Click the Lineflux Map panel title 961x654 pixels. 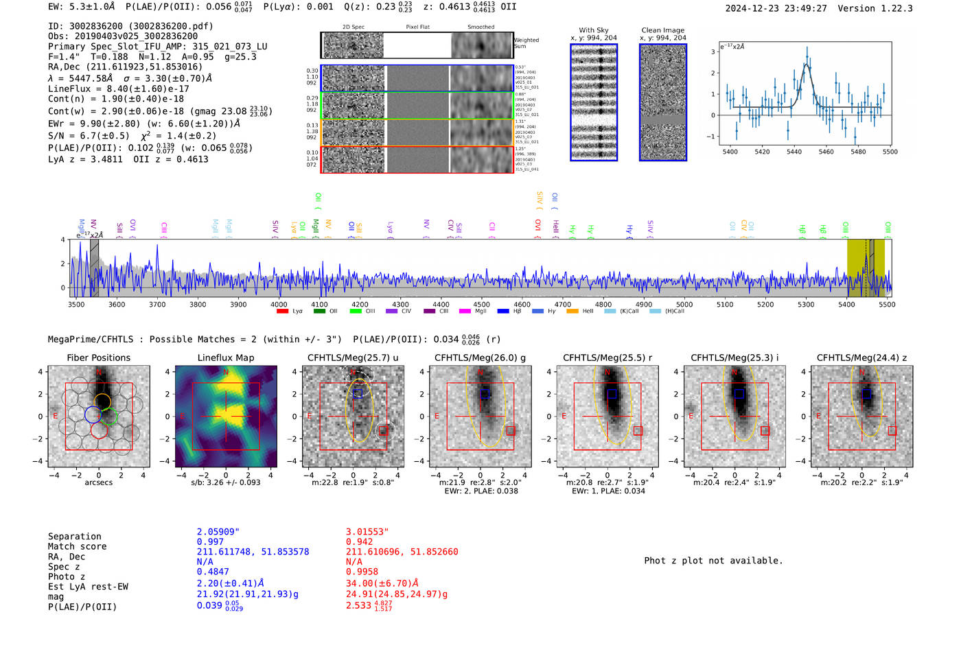(225, 358)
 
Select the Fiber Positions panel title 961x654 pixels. (98, 358)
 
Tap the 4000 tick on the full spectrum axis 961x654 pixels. (279, 305)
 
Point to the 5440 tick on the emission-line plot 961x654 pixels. (794, 152)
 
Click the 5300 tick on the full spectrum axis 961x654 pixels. (806, 305)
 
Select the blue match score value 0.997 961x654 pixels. (210, 542)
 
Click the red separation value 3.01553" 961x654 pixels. (367, 532)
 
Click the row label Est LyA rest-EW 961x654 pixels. (88, 587)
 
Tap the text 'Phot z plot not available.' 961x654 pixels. (713, 561)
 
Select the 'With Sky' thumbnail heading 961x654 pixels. (594, 30)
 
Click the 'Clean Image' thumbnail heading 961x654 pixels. (662, 30)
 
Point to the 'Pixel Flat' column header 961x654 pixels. (417, 27)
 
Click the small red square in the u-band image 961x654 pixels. (383, 431)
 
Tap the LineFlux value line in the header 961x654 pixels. (118, 89)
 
